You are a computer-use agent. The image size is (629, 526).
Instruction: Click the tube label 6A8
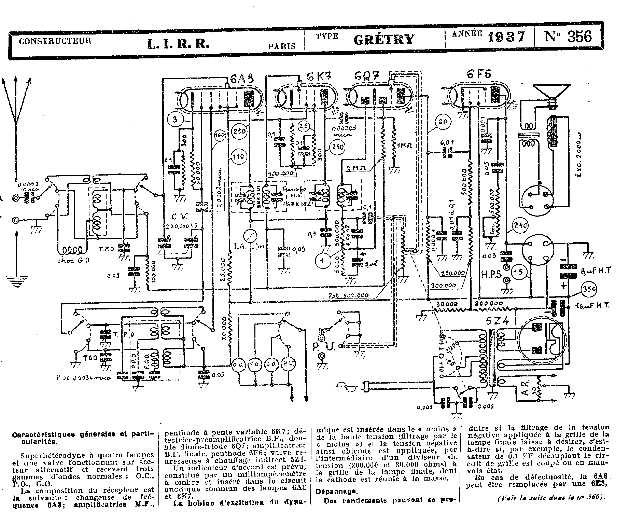pyautogui.click(x=242, y=79)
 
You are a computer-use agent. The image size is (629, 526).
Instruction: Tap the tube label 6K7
pyautogui.click(x=319, y=77)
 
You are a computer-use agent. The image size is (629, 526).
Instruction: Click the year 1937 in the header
pyautogui.click(x=506, y=37)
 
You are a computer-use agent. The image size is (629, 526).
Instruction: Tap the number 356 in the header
pyautogui.click(x=579, y=37)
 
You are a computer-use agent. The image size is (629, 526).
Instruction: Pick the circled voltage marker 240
pyautogui.click(x=520, y=225)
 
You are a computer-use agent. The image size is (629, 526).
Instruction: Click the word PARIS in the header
pyautogui.click(x=282, y=46)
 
